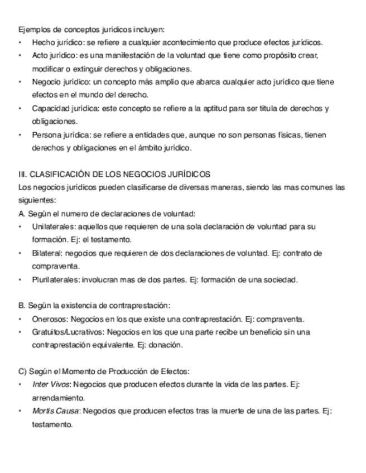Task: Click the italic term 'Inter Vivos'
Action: point(51,385)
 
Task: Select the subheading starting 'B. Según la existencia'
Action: point(94,306)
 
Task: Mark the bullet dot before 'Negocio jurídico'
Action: point(21,83)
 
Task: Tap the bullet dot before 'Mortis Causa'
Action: point(21,412)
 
